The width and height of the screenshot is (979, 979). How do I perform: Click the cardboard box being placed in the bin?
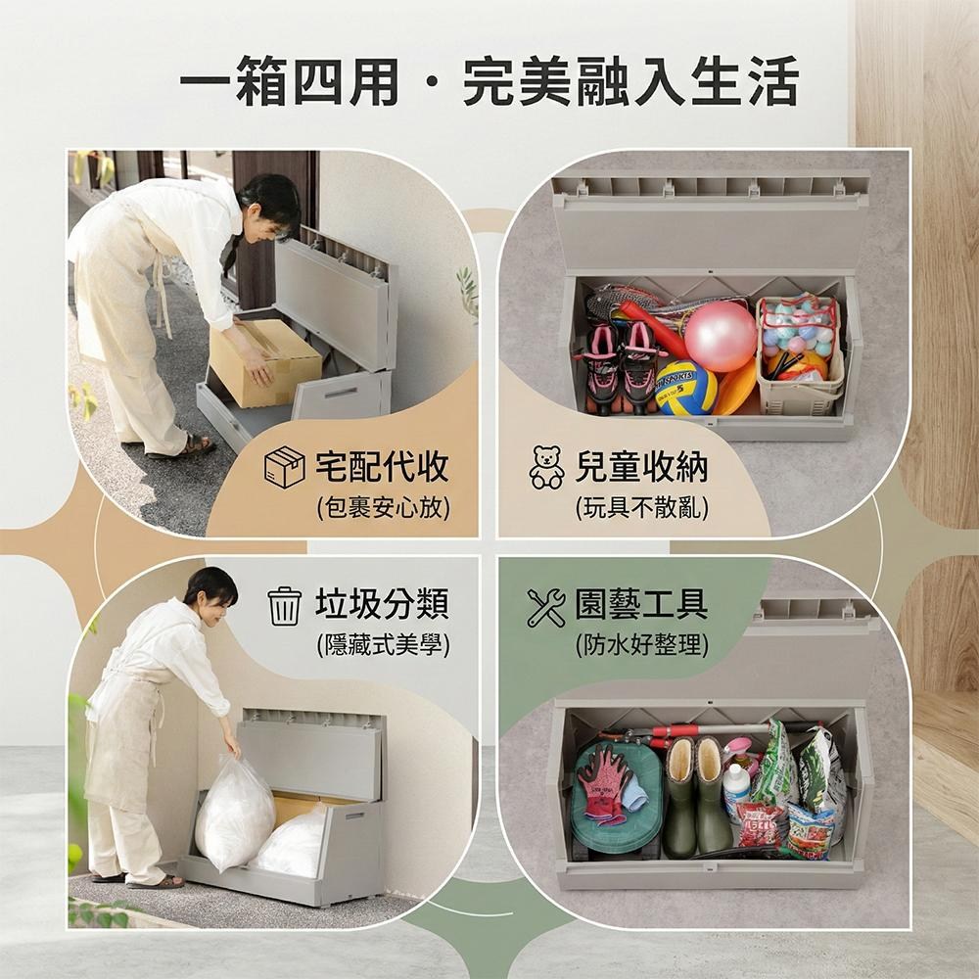tap(264, 362)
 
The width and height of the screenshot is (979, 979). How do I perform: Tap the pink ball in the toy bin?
tap(720, 336)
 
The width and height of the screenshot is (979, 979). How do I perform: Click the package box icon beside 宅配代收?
tap(285, 466)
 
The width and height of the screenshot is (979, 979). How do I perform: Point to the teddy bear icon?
tap(546, 466)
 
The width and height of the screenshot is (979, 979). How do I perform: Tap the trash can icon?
tap(285, 606)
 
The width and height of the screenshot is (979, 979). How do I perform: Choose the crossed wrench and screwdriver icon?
tap(545, 607)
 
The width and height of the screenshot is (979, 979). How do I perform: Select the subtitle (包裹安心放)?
tap(383, 508)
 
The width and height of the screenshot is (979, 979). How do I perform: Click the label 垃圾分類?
tap(382, 604)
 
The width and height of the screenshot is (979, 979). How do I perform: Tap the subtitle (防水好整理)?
tap(642, 644)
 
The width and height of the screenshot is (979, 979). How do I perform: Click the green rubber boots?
tap(697, 796)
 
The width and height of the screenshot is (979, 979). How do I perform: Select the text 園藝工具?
tap(641, 604)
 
